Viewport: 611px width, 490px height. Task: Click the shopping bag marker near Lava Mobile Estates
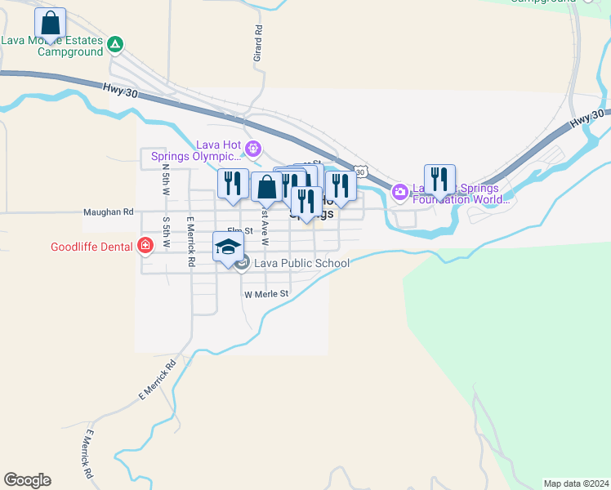51,23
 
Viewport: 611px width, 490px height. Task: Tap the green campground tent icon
115,44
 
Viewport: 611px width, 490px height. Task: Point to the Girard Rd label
258,43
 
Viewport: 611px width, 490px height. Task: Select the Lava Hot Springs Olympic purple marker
253,149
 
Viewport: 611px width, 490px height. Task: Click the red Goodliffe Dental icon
145,245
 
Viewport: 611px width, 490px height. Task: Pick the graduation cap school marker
229,247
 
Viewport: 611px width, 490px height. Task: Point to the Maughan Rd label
108,212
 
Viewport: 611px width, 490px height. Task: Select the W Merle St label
267,294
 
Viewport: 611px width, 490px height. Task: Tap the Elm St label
237,232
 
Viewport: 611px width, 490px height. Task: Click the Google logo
27,480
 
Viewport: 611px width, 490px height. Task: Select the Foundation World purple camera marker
400,193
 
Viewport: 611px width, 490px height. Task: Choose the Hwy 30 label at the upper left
121,91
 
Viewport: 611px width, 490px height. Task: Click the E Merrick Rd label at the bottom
87,454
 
